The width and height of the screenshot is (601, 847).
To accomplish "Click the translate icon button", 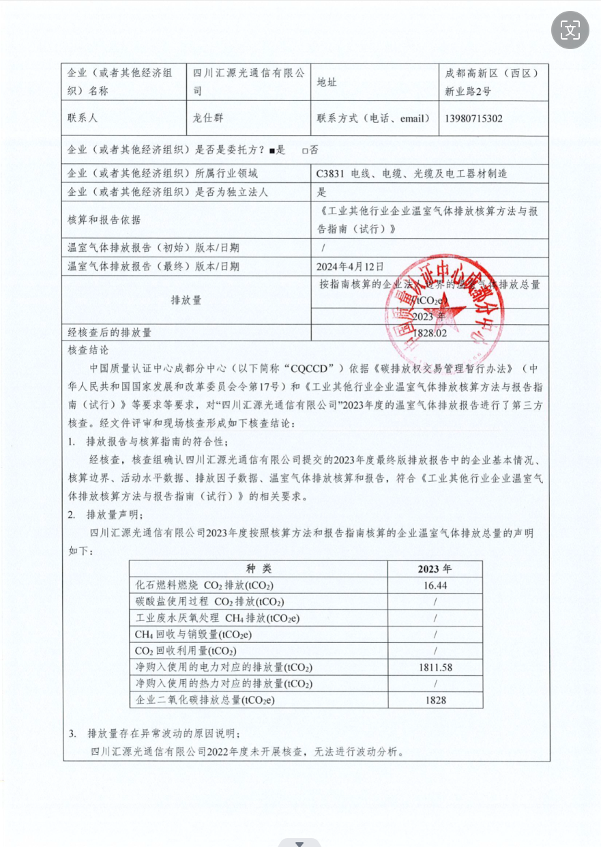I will (x=570, y=29).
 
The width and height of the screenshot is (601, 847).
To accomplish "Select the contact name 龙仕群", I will (x=209, y=118).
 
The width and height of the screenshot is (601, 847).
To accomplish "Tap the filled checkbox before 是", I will (x=272, y=150).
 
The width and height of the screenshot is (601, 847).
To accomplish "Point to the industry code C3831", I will (x=330, y=174).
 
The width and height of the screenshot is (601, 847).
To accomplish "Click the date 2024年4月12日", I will (x=350, y=266).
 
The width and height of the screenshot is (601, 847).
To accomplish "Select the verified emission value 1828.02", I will (x=430, y=333).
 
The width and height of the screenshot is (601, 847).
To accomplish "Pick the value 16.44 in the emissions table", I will (x=435, y=586).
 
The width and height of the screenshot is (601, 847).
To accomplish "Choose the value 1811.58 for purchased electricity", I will (x=435, y=667).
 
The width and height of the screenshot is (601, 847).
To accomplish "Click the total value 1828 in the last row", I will (x=435, y=700).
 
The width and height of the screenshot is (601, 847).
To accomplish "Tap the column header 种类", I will (x=259, y=569).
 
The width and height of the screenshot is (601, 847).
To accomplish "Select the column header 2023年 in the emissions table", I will (x=435, y=569).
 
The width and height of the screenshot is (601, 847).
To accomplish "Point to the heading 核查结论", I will (x=89, y=349).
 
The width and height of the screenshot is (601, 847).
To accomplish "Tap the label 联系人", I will (x=83, y=118).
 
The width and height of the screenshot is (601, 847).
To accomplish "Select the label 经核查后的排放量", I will (x=109, y=333).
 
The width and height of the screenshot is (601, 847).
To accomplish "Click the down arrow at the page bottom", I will (x=299, y=844).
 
